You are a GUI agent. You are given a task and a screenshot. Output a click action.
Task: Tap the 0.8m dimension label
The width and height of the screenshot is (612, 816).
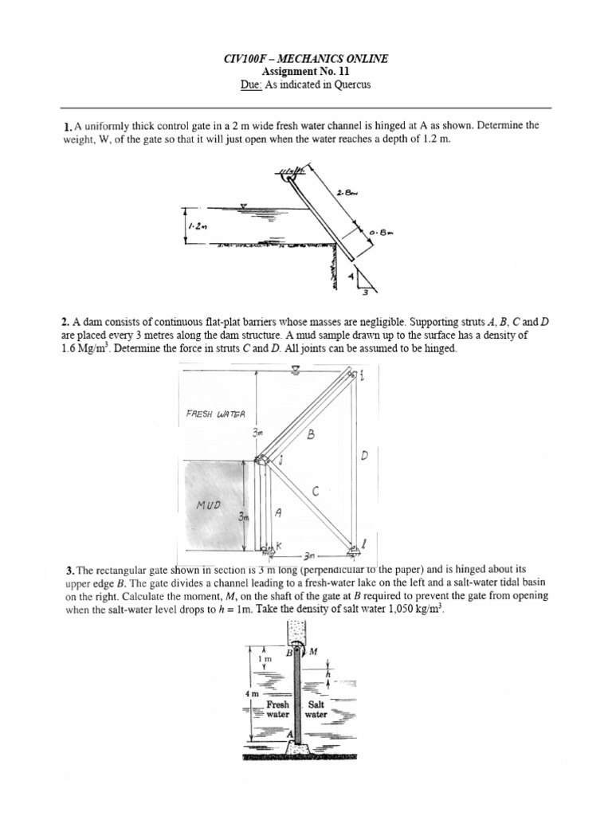[x=379, y=231]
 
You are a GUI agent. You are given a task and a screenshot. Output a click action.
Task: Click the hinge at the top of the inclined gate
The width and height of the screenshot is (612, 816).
[x=288, y=178]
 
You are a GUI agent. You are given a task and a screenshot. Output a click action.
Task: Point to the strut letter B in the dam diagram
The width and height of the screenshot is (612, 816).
[x=312, y=435]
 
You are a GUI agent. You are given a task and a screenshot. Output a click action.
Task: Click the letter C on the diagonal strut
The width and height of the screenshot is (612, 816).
[x=316, y=493]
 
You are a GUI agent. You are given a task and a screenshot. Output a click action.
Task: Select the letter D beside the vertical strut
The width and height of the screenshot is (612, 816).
[x=363, y=457]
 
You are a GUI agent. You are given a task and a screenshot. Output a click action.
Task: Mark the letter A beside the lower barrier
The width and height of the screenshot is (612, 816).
[x=278, y=514]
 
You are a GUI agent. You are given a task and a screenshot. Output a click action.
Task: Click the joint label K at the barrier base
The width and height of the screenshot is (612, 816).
[x=280, y=546]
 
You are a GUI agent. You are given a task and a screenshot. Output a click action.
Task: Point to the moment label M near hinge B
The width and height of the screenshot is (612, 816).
[x=313, y=652]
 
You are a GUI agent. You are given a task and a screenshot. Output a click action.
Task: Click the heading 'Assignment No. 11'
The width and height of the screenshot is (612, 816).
[x=306, y=71]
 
